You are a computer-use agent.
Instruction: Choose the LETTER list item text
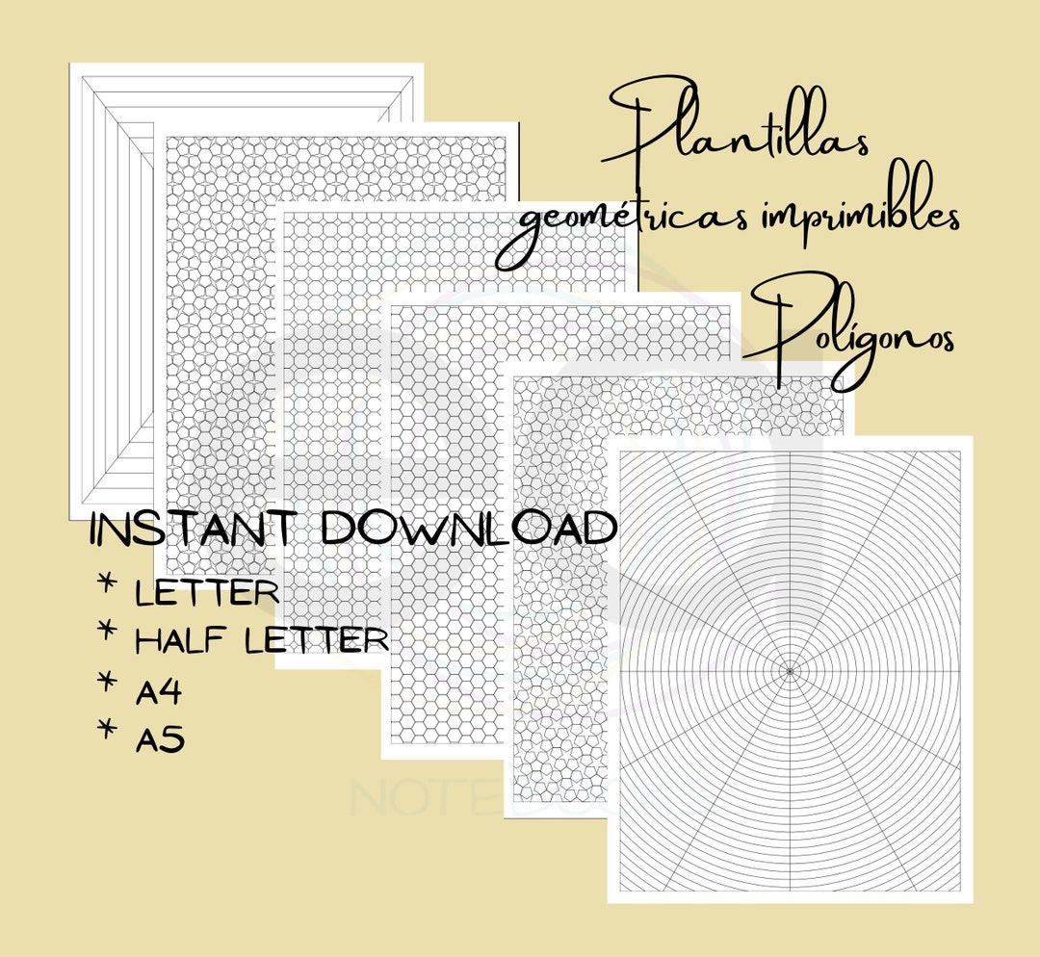point(207,591)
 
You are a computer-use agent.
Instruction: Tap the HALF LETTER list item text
point(262,639)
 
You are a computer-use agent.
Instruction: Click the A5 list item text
point(160,738)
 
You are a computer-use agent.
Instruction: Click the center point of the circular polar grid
point(790,669)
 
